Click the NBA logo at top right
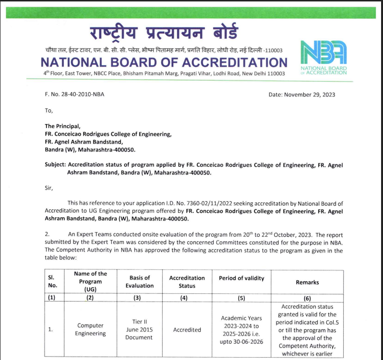pyautogui.click(x=323, y=53)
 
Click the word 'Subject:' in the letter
pyautogui.click(x=55, y=165)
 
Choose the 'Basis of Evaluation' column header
pyautogui.click(x=140, y=281)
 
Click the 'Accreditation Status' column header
pyautogui.click(x=187, y=281)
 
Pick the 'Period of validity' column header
pyautogui.click(x=241, y=278)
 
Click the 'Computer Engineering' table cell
pyautogui.click(x=90, y=329)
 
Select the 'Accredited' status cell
pyautogui.click(x=187, y=329)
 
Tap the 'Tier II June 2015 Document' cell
pyautogui.click(x=139, y=329)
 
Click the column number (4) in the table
pyautogui.click(x=187, y=298)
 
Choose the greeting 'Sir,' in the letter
pyautogui.click(x=49, y=188)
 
